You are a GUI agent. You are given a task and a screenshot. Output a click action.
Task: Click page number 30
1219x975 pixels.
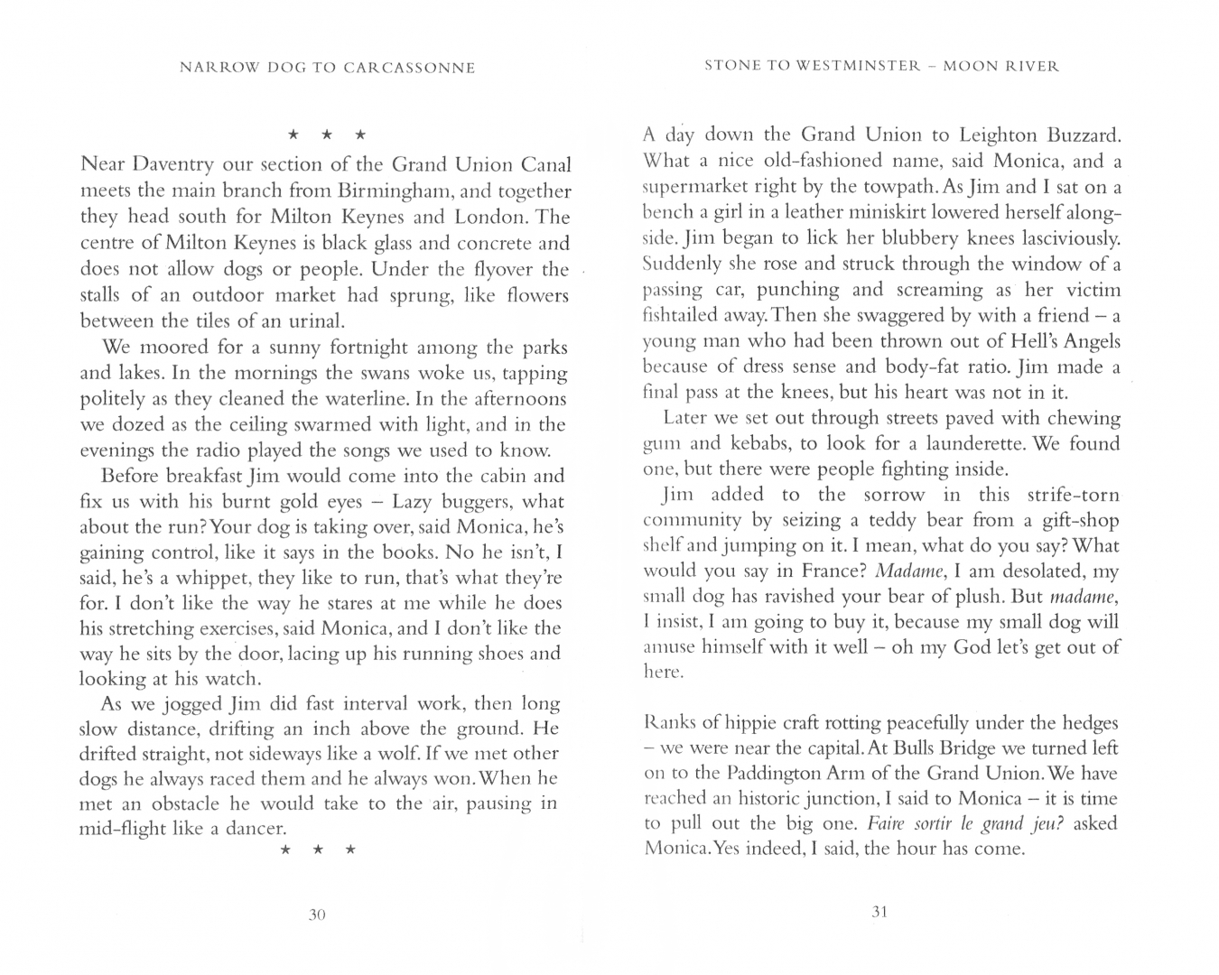point(316,915)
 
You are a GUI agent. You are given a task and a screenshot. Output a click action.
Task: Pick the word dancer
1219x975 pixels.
point(253,829)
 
